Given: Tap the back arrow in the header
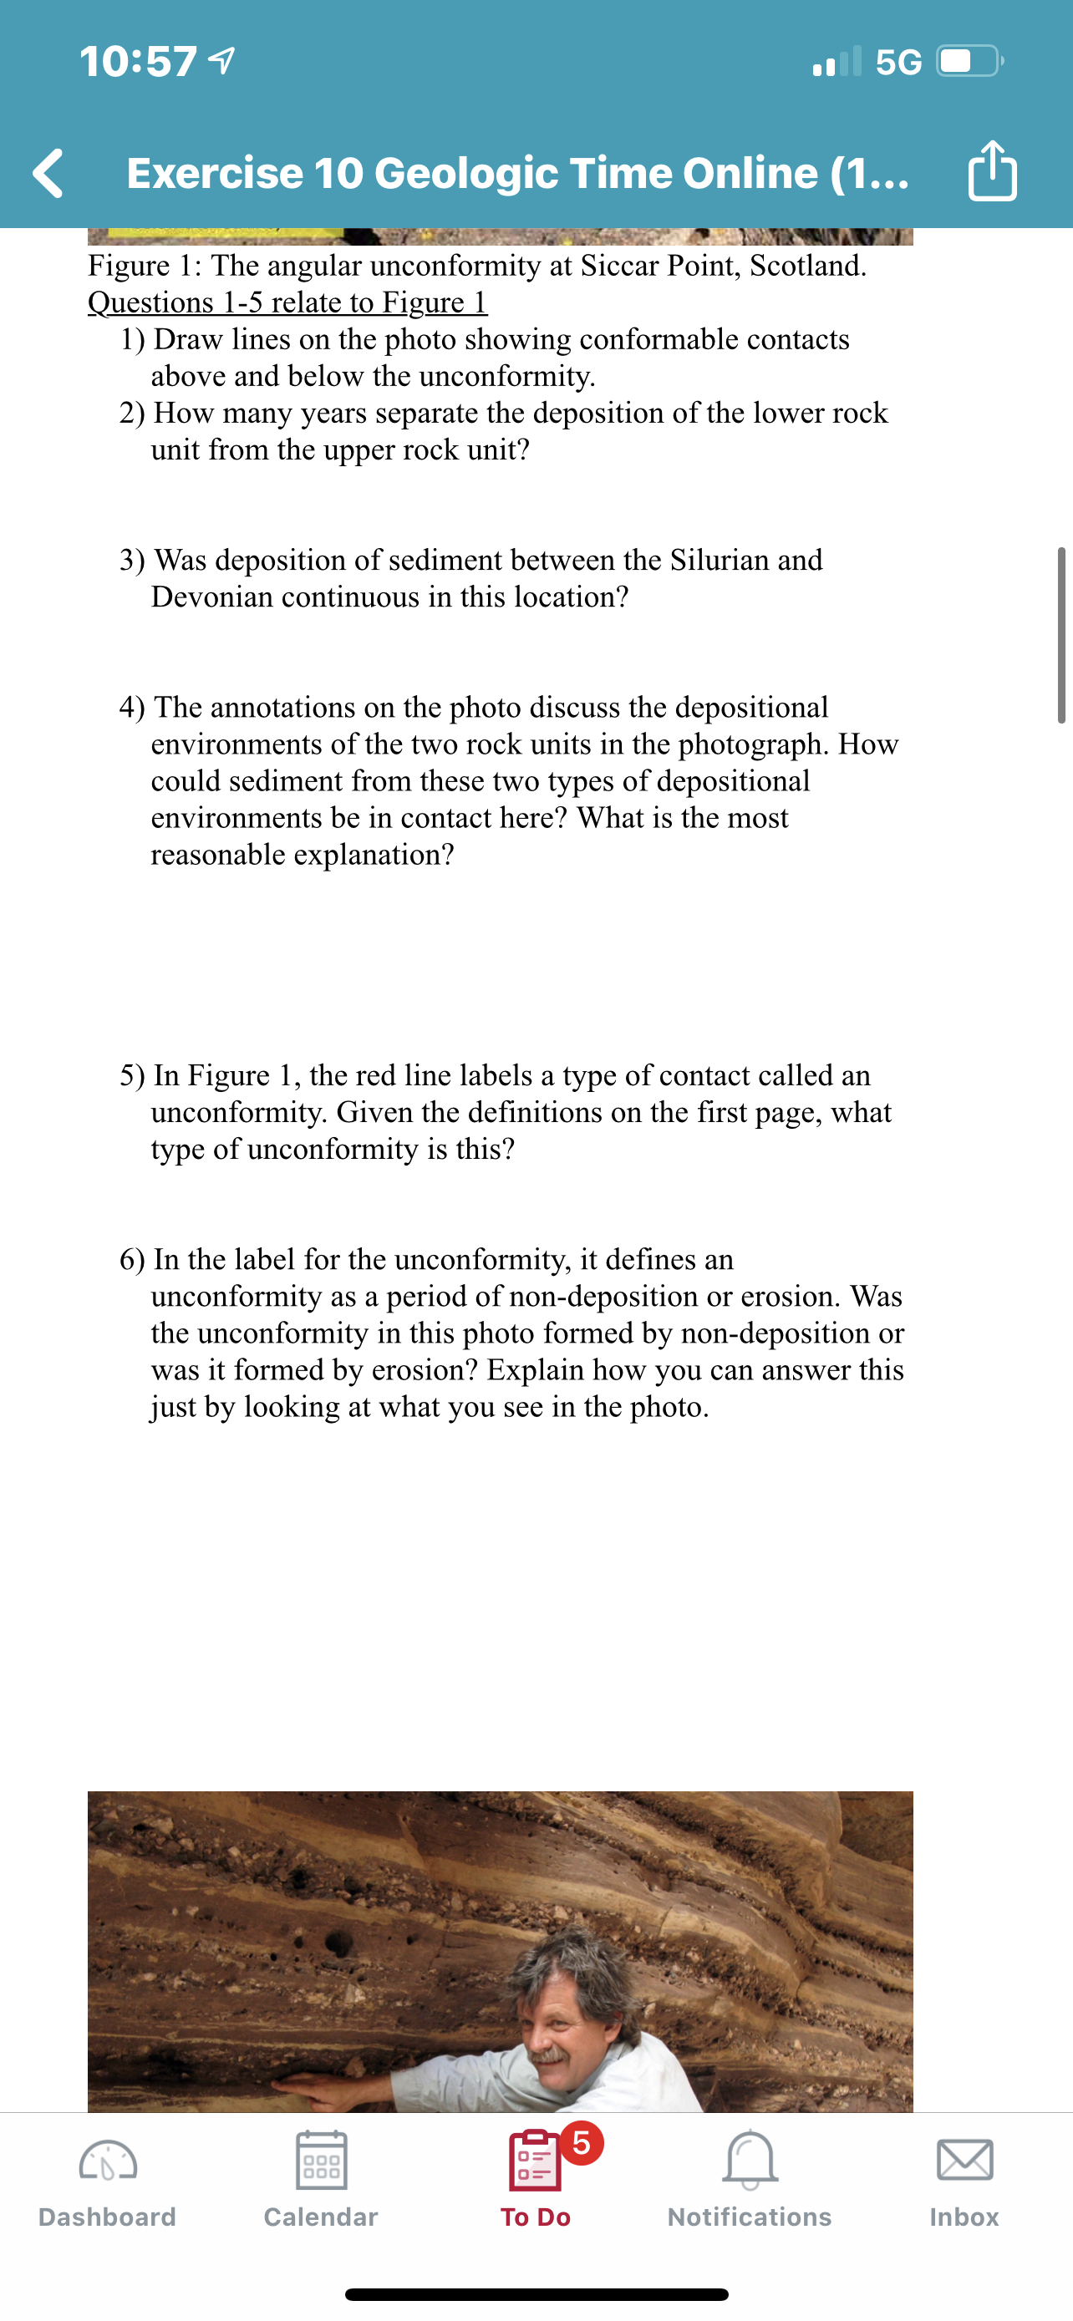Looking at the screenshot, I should pyautogui.click(x=48, y=172).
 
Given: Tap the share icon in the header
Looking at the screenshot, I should pyautogui.click(x=992, y=170).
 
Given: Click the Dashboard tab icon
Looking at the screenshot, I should pyautogui.click(x=107, y=2161).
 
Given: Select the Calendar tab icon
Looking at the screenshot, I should pyautogui.click(x=321, y=2160).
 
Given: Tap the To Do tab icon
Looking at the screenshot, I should pyautogui.click(x=534, y=2160).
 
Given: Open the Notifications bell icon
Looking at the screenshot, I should pyautogui.click(x=750, y=2160).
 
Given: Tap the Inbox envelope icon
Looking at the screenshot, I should pyautogui.click(x=964, y=2160).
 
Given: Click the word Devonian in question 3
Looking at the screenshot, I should pyautogui.click(x=211, y=597).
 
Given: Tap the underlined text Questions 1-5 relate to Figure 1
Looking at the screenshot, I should pyautogui.click(x=287, y=302).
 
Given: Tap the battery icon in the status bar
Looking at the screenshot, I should pyautogui.click(x=969, y=61).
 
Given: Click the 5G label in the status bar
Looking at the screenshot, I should pyautogui.click(x=898, y=62).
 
